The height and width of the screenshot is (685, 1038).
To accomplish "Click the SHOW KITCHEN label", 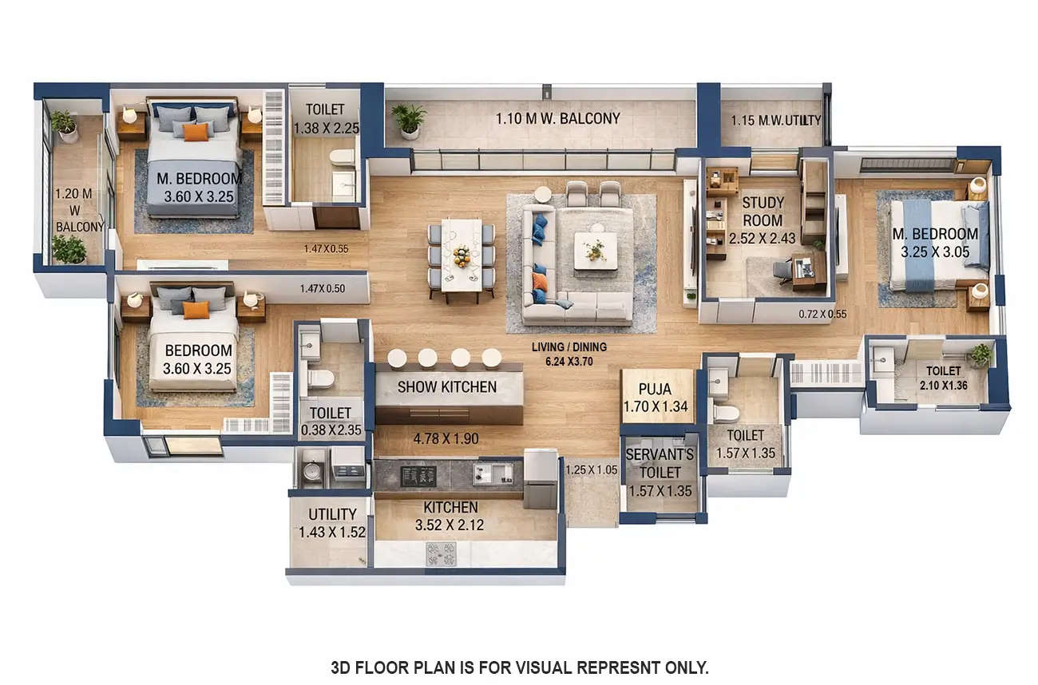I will [x=447, y=387].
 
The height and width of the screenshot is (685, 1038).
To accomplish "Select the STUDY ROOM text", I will [x=763, y=211].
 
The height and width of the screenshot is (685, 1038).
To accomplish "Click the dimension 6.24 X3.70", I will [x=569, y=361].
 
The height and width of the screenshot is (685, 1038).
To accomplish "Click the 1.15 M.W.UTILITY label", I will [x=776, y=121].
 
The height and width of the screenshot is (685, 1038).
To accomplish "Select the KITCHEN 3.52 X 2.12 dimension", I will [x=450, y=525].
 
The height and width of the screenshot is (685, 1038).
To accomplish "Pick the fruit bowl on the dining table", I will [x=462, y=256].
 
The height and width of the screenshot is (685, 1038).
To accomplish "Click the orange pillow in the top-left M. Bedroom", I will [x=196, y=132].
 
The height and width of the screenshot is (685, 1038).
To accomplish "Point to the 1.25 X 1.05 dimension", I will [x=591, y=469].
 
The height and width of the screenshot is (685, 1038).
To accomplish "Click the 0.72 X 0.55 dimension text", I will [x=822, y=314].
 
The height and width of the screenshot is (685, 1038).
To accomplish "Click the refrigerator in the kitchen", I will [x=541, y=479].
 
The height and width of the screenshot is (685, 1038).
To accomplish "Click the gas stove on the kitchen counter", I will [x=440, y=550].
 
